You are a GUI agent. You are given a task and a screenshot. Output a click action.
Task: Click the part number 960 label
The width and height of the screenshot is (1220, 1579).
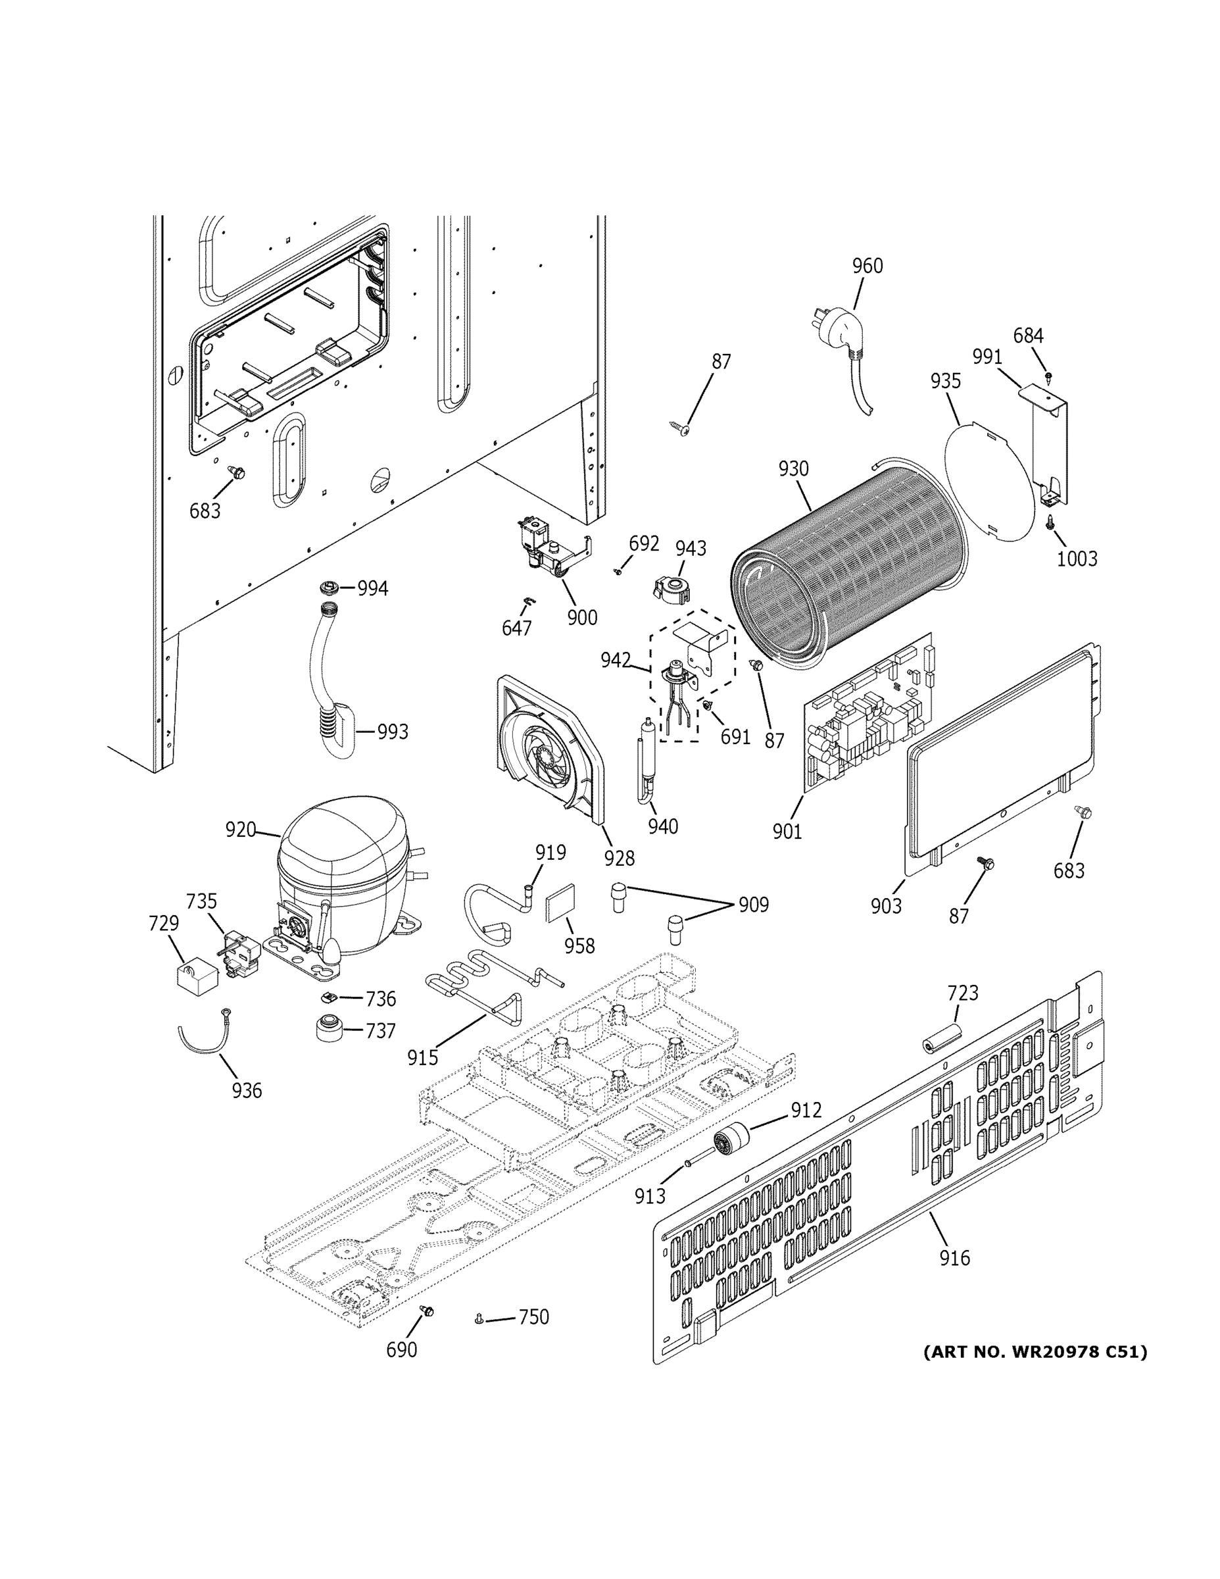[867, 266]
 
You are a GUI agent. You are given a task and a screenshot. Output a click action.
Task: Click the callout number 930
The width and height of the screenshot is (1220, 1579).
[794, 468]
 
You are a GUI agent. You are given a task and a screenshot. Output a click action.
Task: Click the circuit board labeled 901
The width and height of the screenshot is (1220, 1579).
[867, 716]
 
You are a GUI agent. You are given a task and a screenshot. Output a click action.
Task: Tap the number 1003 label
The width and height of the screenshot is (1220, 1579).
[1076, 558]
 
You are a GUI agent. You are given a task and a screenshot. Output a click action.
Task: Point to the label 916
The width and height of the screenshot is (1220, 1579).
[954, 1258]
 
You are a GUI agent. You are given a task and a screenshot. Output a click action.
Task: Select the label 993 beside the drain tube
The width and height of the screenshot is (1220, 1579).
[393, 732]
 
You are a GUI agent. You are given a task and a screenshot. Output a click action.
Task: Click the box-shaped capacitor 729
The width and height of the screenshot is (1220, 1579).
[197, 975]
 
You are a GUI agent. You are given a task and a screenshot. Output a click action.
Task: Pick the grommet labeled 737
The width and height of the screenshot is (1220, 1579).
[329, 1028]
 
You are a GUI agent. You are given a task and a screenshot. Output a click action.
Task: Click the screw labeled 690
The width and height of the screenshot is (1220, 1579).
[426, 1311]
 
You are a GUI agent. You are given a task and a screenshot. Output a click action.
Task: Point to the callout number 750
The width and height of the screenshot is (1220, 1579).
[533, 1317]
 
